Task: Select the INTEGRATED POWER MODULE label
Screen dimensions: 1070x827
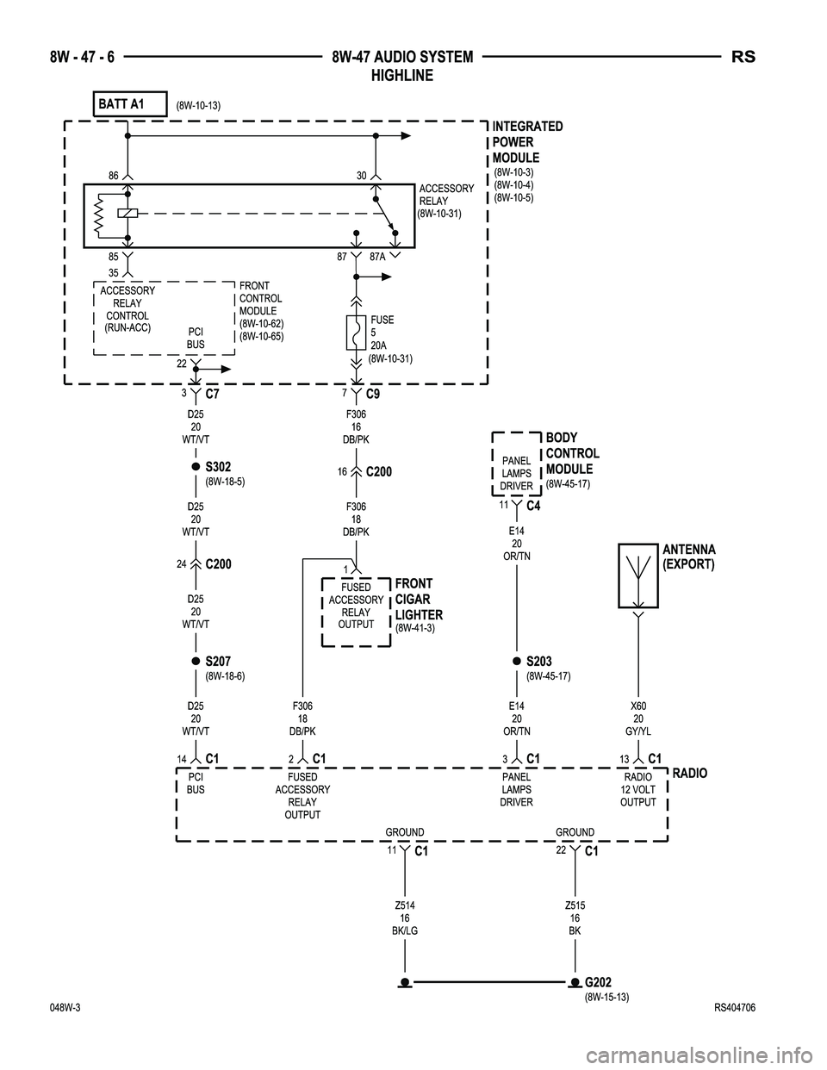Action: tap(527, 142)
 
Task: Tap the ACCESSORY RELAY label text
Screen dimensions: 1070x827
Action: tap(445, 195)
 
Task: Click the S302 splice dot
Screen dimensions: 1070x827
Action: tap(196, 467)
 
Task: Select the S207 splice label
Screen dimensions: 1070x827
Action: tap(218, 661)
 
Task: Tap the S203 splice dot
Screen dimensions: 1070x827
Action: tap(516, 661)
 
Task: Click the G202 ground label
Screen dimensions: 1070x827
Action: tap(599, 982)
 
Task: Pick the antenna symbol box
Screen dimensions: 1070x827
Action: tap(638, 577)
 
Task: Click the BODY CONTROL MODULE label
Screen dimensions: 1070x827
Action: tap(572, 453)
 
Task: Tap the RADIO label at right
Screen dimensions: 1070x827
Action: tap(689, 774)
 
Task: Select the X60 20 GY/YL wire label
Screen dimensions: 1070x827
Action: tap(638, 718)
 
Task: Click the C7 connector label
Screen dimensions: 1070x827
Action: tap(215, 394)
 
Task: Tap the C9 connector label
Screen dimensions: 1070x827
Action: tap(373, 394)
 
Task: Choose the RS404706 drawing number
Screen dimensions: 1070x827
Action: tap(741, 1009)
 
